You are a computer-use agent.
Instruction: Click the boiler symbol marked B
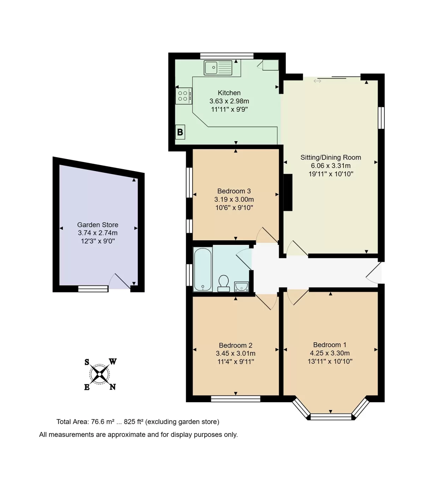click(x=180, y=132)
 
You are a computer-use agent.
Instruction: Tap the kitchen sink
click(x=218, y=67)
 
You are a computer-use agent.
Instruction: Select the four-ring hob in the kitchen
click(x=184, y=96)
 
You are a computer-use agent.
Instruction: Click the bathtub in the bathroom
click(x=203, y=270)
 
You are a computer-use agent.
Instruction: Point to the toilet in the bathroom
click(x=223, y=283)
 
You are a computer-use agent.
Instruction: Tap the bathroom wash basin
click(x=241, y=287)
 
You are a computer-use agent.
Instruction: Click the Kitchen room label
click(x=229, y=93)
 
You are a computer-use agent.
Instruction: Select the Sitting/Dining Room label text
click(x=331, y=157)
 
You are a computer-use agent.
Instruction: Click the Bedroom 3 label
click(x=234, y=191)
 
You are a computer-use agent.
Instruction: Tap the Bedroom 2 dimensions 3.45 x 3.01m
click(x=235, y=353)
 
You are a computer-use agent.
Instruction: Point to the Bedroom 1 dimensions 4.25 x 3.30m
click(x=330, y=353)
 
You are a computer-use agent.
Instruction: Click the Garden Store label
click(x=97, y=224)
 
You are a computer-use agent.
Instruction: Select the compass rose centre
click(x=100, y=374)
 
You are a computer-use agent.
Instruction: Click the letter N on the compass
click(x=113, y=387)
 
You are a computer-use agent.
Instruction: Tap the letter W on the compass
click(x=113, y=362)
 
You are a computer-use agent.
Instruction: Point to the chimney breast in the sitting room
click(x=288, y=192)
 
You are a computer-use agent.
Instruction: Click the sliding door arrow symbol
click(x=317, y=81)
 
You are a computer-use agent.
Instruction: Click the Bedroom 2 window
click(x=236, y=399)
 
